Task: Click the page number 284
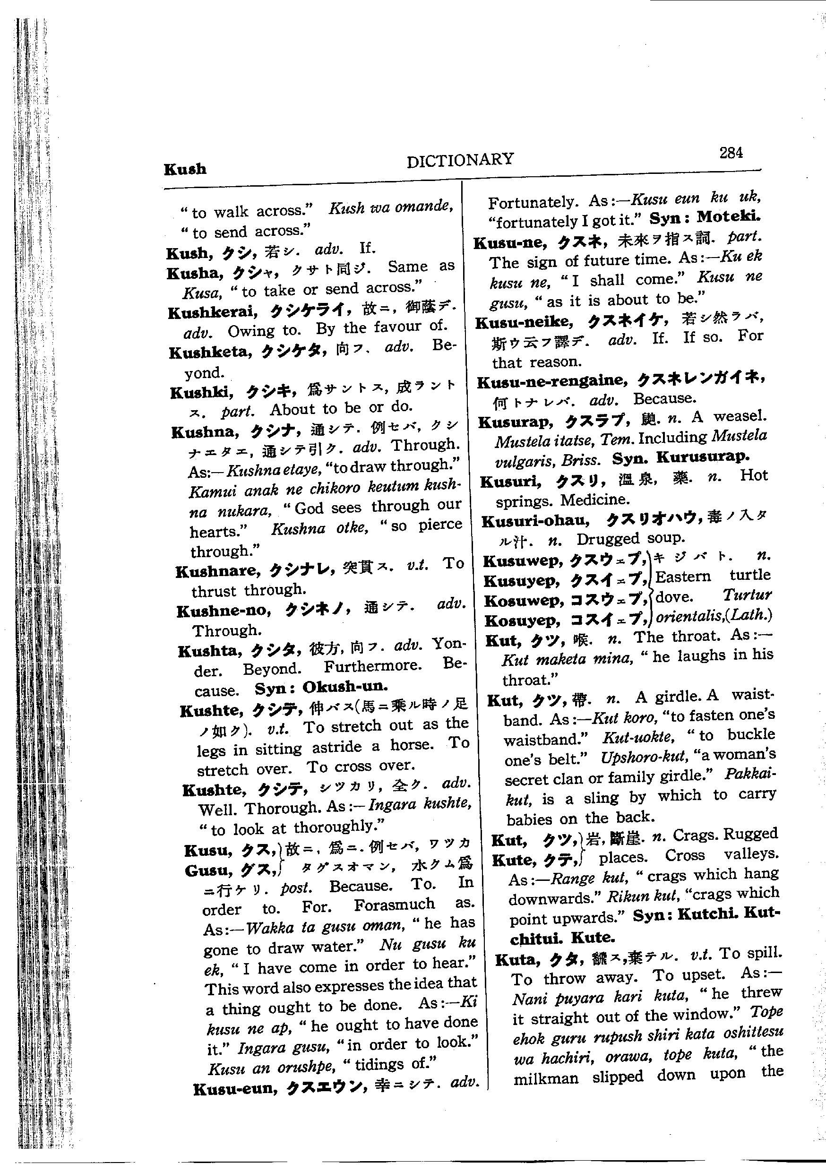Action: pyautogui.click(x=731, y=153)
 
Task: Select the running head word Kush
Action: pyautogui.click(x=185, y=169)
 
